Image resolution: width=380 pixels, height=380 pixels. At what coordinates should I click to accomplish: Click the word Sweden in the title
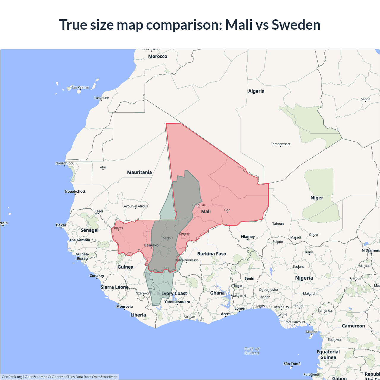[296, 25]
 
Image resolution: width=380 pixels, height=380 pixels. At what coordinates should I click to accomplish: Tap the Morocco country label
[158, 56]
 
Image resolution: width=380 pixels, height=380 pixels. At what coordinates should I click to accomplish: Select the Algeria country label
[256, 91]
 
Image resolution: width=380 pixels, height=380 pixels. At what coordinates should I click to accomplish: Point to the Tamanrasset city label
[281, 144]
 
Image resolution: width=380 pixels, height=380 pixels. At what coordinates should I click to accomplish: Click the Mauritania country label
[139, 172]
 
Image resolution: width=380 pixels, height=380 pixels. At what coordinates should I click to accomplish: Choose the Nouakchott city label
[75, 191]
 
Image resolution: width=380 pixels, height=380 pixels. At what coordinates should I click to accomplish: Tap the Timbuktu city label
[199, 205]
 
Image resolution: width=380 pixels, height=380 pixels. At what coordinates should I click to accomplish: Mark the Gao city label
[227, 210]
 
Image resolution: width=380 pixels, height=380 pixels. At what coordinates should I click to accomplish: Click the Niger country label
[317, 198]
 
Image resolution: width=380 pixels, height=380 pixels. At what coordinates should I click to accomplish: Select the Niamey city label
[248, 237]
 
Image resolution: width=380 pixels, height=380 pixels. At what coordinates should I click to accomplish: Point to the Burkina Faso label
[212, 254]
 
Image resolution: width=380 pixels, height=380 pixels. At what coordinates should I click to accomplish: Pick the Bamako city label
[151, 245]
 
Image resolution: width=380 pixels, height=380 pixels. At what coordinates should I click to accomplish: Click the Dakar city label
[61, 225]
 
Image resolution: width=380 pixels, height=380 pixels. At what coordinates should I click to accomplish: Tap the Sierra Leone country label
[115, 287]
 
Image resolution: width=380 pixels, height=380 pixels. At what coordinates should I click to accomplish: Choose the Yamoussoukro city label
[177, 302]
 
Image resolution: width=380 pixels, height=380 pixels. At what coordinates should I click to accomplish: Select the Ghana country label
[217, 293]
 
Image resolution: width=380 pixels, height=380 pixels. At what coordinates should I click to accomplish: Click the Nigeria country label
[304, 278]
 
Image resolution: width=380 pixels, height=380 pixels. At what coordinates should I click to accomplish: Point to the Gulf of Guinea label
[252, 351]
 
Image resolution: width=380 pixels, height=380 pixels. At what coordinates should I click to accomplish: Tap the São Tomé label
[292, 364]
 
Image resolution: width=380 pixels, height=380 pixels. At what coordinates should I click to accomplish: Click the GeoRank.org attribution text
[12, 377]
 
